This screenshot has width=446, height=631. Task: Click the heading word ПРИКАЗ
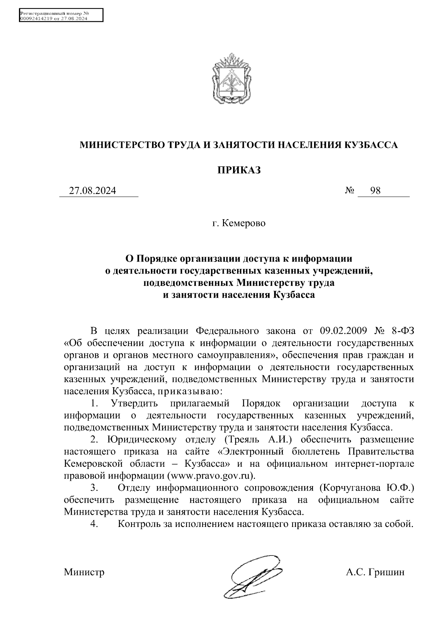[239, 170]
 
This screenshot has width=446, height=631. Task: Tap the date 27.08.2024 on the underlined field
[93, 191]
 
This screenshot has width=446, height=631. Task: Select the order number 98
[375, 191]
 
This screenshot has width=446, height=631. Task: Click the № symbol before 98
[349, 191]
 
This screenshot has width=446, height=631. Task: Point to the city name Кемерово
[243, 224]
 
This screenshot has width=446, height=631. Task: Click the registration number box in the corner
[61, 16]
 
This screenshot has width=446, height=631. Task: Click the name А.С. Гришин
[375, 572]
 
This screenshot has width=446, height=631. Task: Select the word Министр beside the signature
[84, 572]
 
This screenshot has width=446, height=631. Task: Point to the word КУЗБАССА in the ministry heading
[371, 145]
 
